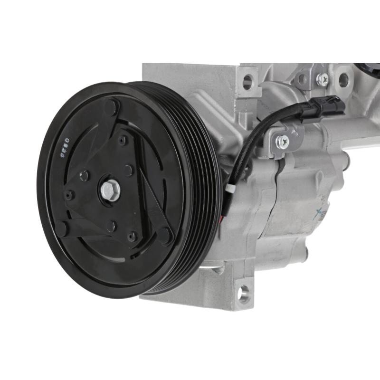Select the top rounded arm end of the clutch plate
point(112,106)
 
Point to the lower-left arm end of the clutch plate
point(62,228)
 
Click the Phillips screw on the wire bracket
point(284,140)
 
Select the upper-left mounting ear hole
point(247,82)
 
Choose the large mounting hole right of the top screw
point(343,80)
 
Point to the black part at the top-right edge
point(368,68)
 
